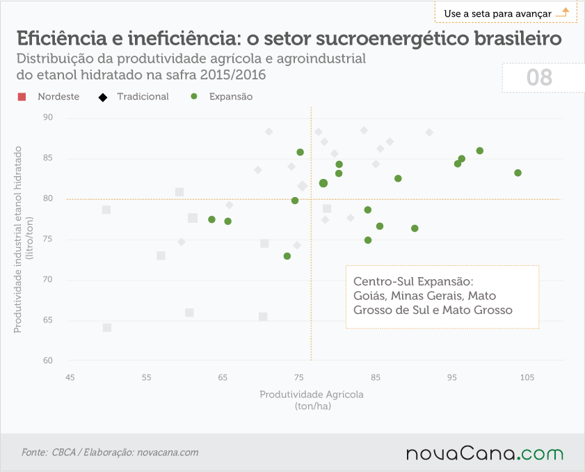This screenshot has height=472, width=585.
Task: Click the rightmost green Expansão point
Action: [518, 173]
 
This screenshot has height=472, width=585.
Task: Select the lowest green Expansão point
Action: [287, 256]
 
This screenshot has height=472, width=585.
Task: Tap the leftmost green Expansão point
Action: [211, 219]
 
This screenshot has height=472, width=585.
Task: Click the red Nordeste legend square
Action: [22, 97]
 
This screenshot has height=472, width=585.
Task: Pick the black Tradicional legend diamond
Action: [102, 97]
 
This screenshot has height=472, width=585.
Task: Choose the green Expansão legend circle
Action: [193, 96]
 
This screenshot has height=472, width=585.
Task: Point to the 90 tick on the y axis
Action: [48, 117]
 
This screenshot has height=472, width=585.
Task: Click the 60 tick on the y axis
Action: [48, 361]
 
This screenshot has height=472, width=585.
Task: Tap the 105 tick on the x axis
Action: [527, 377]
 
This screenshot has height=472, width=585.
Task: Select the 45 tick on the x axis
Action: [70, 377]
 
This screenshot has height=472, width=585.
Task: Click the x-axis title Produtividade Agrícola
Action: [312, 394]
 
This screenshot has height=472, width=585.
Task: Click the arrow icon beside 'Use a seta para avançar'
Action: [562, 13]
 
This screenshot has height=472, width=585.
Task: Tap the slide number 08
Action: [539, 78]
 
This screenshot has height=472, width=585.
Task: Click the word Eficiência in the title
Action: [61, 38]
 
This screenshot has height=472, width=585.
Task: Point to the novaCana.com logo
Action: [484, 453]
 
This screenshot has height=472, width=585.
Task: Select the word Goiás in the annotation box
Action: [370, 296]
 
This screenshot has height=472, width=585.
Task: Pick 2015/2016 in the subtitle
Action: [233, 74]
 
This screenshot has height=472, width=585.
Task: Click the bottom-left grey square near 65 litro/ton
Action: [107, 327]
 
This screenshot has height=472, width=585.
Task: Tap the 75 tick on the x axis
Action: [299, 377]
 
